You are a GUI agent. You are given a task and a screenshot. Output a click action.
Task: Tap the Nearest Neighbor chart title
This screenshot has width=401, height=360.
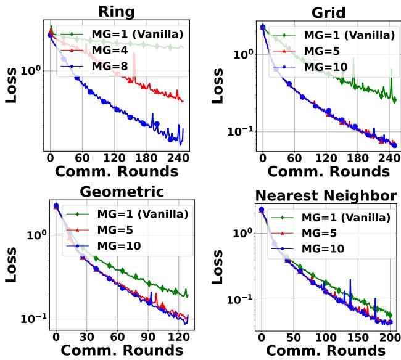pos(326,195)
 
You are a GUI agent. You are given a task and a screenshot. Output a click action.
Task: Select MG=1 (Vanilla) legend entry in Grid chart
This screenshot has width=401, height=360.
pos(344,35)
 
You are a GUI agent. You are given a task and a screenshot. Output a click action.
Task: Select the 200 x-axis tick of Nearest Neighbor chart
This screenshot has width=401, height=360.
pos(390,338)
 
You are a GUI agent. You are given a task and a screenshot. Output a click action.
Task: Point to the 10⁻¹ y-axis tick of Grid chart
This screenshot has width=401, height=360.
pos(237,131)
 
